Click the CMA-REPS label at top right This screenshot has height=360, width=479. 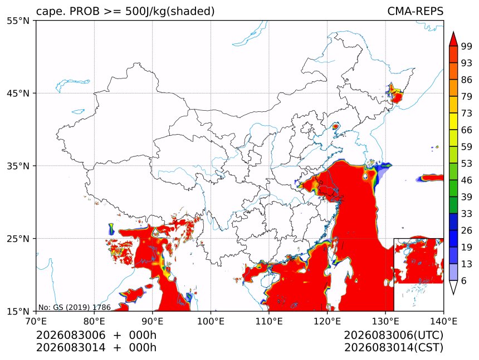(415, 11)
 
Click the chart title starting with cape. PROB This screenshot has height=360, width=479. (125, 11)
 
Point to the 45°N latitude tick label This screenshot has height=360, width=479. (18, 93)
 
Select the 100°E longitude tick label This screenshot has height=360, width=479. (211, 321)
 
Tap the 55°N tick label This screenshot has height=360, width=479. (18, 21)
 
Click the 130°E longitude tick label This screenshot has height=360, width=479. (385, 321)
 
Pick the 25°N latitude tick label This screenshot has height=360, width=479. (18, 238)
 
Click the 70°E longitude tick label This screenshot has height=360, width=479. (36, 321)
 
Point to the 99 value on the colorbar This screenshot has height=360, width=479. (467, 46)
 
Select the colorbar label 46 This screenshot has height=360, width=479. (467, 180)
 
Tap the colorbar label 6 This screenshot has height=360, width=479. (464, 280)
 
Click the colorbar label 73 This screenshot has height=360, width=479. (467, 114)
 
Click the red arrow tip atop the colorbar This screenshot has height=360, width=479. (453, 32)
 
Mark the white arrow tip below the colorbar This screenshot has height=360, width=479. (453, 294)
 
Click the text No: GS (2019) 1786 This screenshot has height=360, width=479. (74, 307)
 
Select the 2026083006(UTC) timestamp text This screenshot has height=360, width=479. (393, 335)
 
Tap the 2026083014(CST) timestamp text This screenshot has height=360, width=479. (393, 348)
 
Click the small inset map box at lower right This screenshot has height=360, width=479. (394, 274)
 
